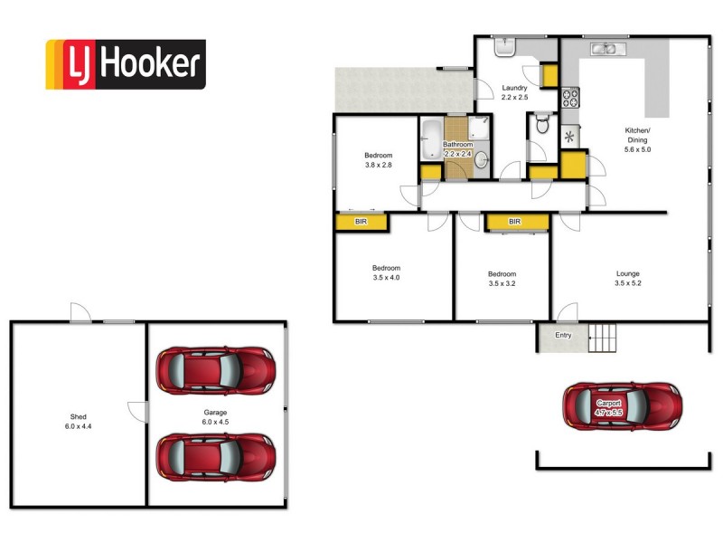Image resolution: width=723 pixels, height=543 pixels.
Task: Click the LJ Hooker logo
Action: pyautogui.click(x=126, y=64)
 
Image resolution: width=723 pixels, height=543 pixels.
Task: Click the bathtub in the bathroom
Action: pyautogui.click(x=430, y=140)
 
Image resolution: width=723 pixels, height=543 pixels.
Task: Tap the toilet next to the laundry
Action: pyautogui.click(x=542, y=125)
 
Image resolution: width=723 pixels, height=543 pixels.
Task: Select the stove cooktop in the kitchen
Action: pyautogui.click(x=569, y=97)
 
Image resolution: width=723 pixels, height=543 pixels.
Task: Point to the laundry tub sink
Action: pyautogui.click(x=503, y=46)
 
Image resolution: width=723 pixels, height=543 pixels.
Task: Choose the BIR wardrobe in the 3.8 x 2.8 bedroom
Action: pyautogui.click(x=361, y=221)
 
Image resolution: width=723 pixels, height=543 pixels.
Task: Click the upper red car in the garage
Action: pyautogui.click(x=216, y=370)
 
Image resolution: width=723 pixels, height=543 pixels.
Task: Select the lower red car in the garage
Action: pyautogui.click(x=216, y=457)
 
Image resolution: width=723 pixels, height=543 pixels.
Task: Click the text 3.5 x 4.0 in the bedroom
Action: pyautogui.click(x=386, y=278)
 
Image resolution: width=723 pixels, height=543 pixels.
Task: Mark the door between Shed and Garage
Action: pyautogui.click(x=137, y=412)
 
